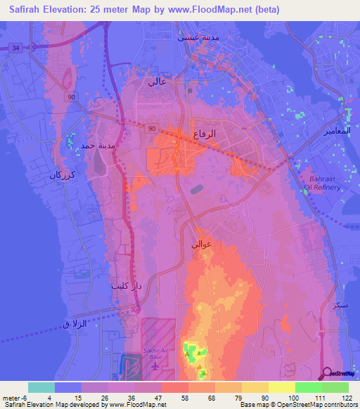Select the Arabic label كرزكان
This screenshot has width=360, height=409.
61,175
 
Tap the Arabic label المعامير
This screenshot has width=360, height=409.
337,131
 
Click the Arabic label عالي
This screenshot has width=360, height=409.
157,82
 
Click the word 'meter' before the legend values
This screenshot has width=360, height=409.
12,398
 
